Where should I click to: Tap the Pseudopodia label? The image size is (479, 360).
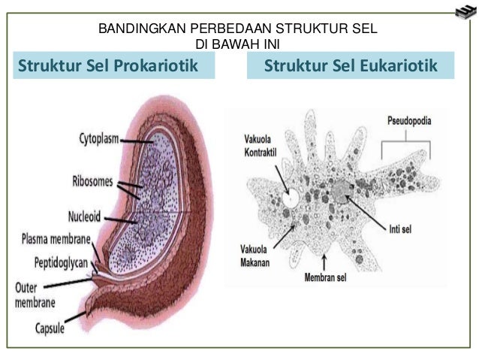414,121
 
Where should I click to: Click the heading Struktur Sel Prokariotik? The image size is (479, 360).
113,66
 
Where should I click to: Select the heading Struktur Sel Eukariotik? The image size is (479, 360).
351,66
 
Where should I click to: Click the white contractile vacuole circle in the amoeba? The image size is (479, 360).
290,199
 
